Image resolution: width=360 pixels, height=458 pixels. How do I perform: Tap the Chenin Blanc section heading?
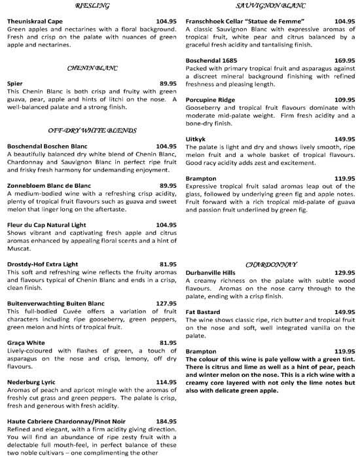(x=91, y=68)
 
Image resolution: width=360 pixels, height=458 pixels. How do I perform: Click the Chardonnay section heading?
(x=271, y=264)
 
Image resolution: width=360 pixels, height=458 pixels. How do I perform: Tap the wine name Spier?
(x=14, y=84)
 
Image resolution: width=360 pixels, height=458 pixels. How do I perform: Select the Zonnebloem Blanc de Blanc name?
(x=49, y=185)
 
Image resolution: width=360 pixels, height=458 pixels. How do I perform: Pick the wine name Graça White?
(x=26, y=343)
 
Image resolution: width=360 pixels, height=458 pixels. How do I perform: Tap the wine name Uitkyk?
(x=196, y=139)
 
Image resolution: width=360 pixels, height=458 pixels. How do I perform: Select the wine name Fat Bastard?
(x=204, y=312)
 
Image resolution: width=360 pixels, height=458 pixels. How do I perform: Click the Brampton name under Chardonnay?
(x=202, y=351)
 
